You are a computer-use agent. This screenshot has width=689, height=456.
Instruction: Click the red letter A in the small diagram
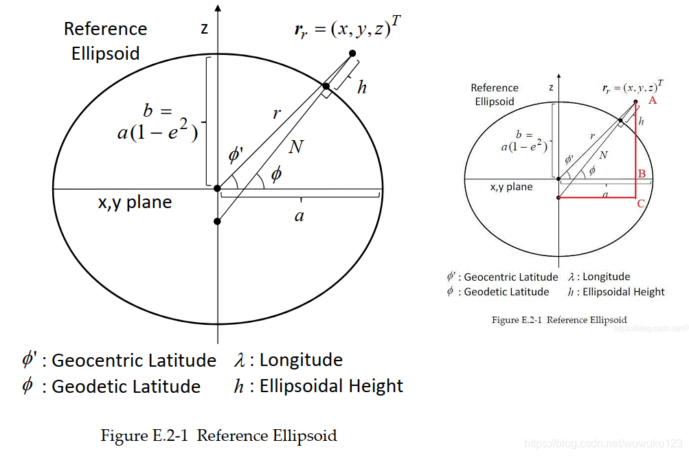(653, 100)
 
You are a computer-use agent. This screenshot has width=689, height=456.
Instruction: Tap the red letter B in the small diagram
(641, 174)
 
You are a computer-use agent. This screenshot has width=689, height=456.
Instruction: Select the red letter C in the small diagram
(641, 203)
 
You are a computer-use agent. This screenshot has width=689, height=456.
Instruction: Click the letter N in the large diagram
(296, 146)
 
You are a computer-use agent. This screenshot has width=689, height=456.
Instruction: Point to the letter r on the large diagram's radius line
(276, 114)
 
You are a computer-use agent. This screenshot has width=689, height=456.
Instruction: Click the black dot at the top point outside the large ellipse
(352, 54)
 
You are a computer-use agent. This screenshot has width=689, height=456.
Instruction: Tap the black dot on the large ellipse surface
(326, 87)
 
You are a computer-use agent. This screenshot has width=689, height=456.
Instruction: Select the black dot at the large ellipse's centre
(217, 188)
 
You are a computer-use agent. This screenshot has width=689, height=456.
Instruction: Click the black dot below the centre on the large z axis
(217, 221)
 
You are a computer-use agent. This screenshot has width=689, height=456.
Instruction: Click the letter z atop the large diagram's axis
(204, 28)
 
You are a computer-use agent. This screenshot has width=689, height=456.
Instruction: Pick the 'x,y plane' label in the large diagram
(135, 203)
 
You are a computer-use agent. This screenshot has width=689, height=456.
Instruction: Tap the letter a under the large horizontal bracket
(299, 216)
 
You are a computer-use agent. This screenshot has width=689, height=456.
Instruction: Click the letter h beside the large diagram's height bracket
(362, 87)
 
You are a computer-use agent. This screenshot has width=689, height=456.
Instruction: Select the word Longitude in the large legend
(301, 360)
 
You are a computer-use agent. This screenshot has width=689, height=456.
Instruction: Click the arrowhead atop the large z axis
(218, 8)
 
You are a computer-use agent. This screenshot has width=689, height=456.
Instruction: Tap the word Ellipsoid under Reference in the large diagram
(105, 53)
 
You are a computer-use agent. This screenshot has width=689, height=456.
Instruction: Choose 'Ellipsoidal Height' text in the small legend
(623, 292)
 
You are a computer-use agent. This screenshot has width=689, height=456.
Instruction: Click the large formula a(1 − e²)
(157, 131)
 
